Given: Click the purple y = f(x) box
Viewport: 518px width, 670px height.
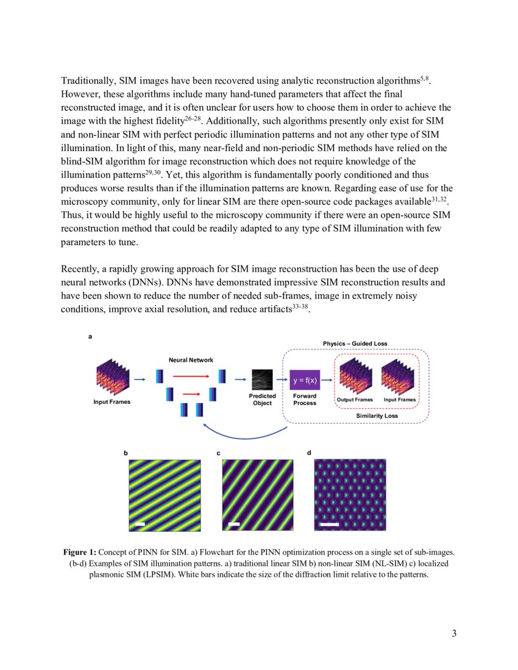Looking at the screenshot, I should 304,380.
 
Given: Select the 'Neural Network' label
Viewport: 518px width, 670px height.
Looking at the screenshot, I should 191,360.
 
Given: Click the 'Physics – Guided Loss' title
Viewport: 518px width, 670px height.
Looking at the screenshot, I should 355,344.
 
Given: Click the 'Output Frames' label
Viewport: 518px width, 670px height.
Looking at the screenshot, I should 355,400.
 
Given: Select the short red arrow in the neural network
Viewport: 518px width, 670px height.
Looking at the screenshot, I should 191,393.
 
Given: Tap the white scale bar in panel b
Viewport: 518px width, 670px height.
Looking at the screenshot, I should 140,523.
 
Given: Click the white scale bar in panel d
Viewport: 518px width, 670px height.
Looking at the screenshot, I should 329,523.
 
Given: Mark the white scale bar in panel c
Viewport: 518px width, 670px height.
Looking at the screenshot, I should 233,523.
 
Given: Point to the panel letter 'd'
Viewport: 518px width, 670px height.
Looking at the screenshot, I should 309,453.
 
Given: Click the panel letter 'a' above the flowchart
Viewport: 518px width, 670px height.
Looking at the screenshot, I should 91,336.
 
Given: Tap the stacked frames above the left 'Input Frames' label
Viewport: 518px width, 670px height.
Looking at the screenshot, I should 111,379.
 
